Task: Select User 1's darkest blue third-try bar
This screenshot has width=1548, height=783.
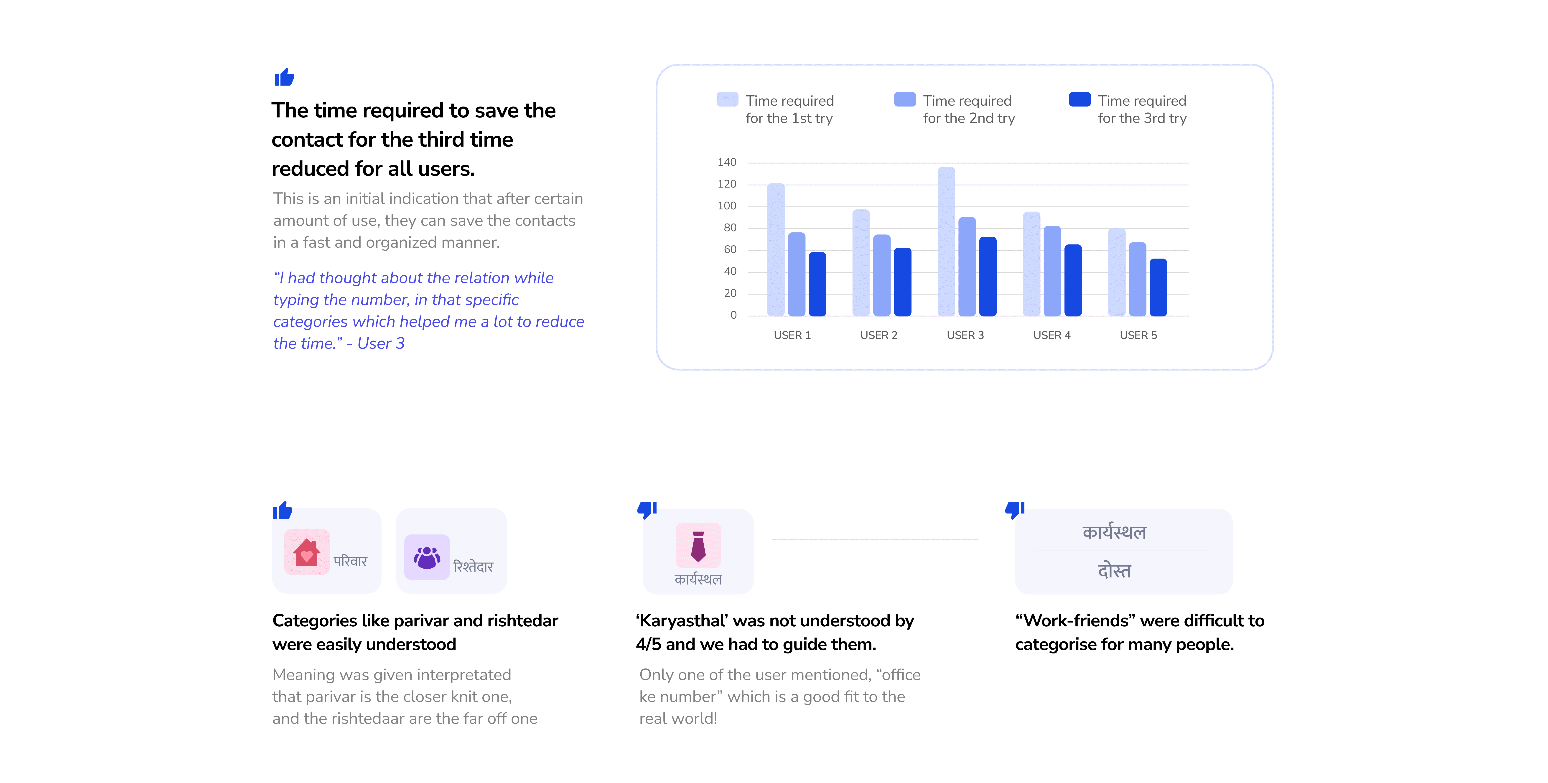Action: coord(817,284)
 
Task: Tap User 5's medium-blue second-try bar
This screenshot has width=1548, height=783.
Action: coord(1137,280)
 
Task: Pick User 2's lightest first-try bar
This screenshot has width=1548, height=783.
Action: coord(861,263)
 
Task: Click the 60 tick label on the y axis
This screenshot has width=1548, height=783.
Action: coord(730,249)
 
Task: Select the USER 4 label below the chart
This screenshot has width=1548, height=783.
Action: coord(1052,335)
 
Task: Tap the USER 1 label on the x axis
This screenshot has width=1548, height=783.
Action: coord(792,335)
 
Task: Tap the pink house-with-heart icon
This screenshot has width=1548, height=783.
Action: coord(306,552)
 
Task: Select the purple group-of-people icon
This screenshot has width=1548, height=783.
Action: coord(427,557)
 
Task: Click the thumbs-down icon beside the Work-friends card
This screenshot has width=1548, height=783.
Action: coord(1014,510)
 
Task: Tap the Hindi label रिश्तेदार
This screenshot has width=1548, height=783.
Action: coord(473,567)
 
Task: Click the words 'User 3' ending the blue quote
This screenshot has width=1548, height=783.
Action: coord(381,344)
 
